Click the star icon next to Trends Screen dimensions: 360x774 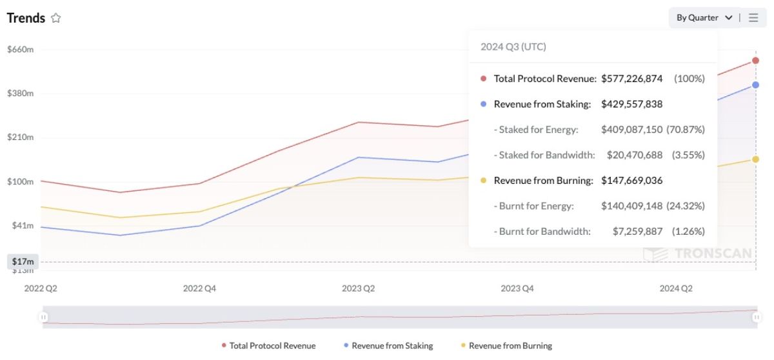[x=56, y=18]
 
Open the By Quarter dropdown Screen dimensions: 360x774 [x=704, y=18]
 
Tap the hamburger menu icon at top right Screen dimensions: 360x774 [x=753, y=18]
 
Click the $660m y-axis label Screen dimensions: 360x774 [x=20, y=49]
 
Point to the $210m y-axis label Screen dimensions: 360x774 [x=20, y=137]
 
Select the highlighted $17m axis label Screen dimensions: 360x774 [x=23, y=261]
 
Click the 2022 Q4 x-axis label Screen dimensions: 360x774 [x=200, y=288]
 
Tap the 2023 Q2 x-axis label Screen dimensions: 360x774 [x=359, y=288]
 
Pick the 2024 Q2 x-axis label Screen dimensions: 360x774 [x=676, y=288]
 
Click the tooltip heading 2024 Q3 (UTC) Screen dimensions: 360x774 [x=513, y=46]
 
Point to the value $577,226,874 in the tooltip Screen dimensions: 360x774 [x=632, y=79]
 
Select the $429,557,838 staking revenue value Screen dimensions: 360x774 [x=632, y=104]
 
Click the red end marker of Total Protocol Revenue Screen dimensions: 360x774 [x=756, y=61]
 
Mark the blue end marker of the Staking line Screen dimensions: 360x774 [x=756, y=85]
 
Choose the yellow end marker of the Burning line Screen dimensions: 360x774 [x=756, y=159]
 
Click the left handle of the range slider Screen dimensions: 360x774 [x=43, y=317]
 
